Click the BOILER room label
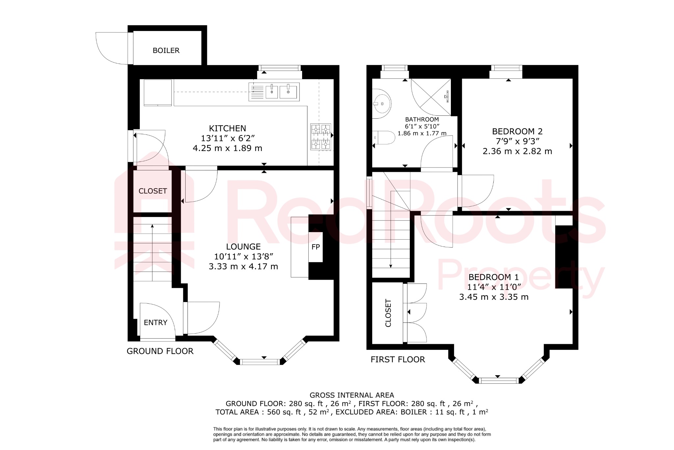(166, 50)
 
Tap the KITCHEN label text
(227, 128)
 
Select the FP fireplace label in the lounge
(316, 247)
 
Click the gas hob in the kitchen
(321, 136)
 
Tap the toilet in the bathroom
(384, 137)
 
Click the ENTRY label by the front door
(156, 322)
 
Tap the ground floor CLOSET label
(153, 191)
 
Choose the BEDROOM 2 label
(517, 131)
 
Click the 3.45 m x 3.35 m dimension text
(494, 297)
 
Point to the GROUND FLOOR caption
(160, 351)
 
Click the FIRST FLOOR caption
(398, 359)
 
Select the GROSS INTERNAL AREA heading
(351, 395)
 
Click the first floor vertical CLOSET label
(388, 313)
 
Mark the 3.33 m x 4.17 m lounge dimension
(243, 266)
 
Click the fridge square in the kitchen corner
(158, 92)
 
